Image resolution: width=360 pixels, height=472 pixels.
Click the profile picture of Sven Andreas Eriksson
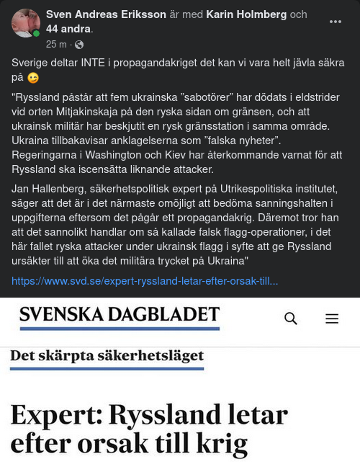[x=26, y=24]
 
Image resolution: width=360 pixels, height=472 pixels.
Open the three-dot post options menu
[x=336, y=22]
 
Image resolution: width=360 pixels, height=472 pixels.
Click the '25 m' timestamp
[x=56, y=44]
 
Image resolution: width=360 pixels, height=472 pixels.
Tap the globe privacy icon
[x=79, y=44]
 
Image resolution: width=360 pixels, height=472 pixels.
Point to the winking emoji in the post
[x=33, y=77]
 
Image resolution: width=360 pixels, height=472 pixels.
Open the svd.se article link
[x=145, y=280]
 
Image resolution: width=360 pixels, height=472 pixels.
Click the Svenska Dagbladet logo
[x=120, y=315]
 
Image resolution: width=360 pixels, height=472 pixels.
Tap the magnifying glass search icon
[x=291, y=318]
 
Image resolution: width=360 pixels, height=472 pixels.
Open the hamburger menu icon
[x=332, y=318]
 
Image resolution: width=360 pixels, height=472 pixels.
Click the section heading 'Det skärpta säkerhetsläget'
[x=107, y=355]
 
